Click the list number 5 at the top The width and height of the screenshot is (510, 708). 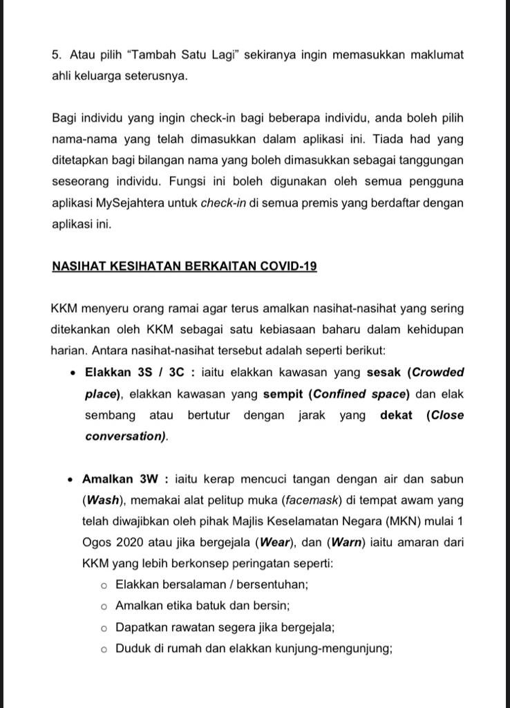pos(55,55)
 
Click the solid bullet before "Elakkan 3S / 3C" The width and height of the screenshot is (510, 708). pos(73,373)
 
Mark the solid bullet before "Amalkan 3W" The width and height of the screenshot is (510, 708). pos(71,479)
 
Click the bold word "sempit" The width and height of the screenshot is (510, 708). pos(283,394)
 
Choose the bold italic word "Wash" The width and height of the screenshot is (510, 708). pos(102,500)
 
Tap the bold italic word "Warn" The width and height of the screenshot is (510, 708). pos(347,543)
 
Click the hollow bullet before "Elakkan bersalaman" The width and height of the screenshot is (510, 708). pos(104,586)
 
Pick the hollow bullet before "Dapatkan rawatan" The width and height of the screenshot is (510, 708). pos(104,628)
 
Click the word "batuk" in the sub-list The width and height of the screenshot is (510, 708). pos(216,606)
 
